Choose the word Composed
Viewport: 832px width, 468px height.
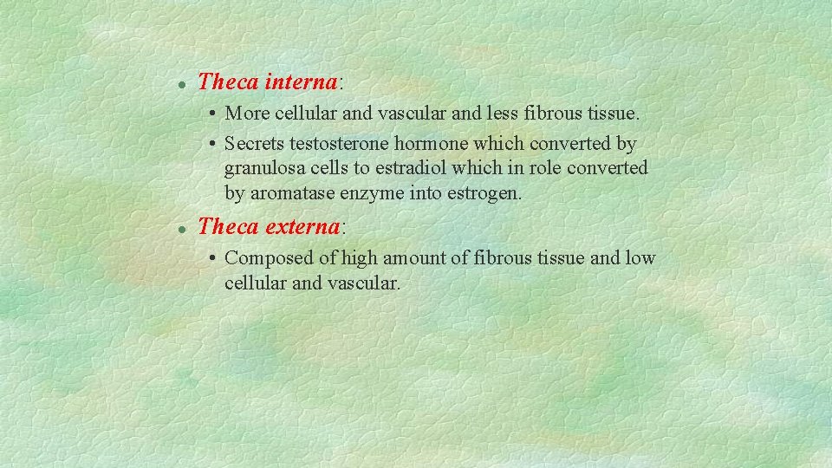[263, 258]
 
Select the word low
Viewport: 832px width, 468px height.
[641, 258]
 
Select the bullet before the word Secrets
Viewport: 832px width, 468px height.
[211, 143]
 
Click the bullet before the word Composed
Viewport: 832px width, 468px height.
[211, 258]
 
